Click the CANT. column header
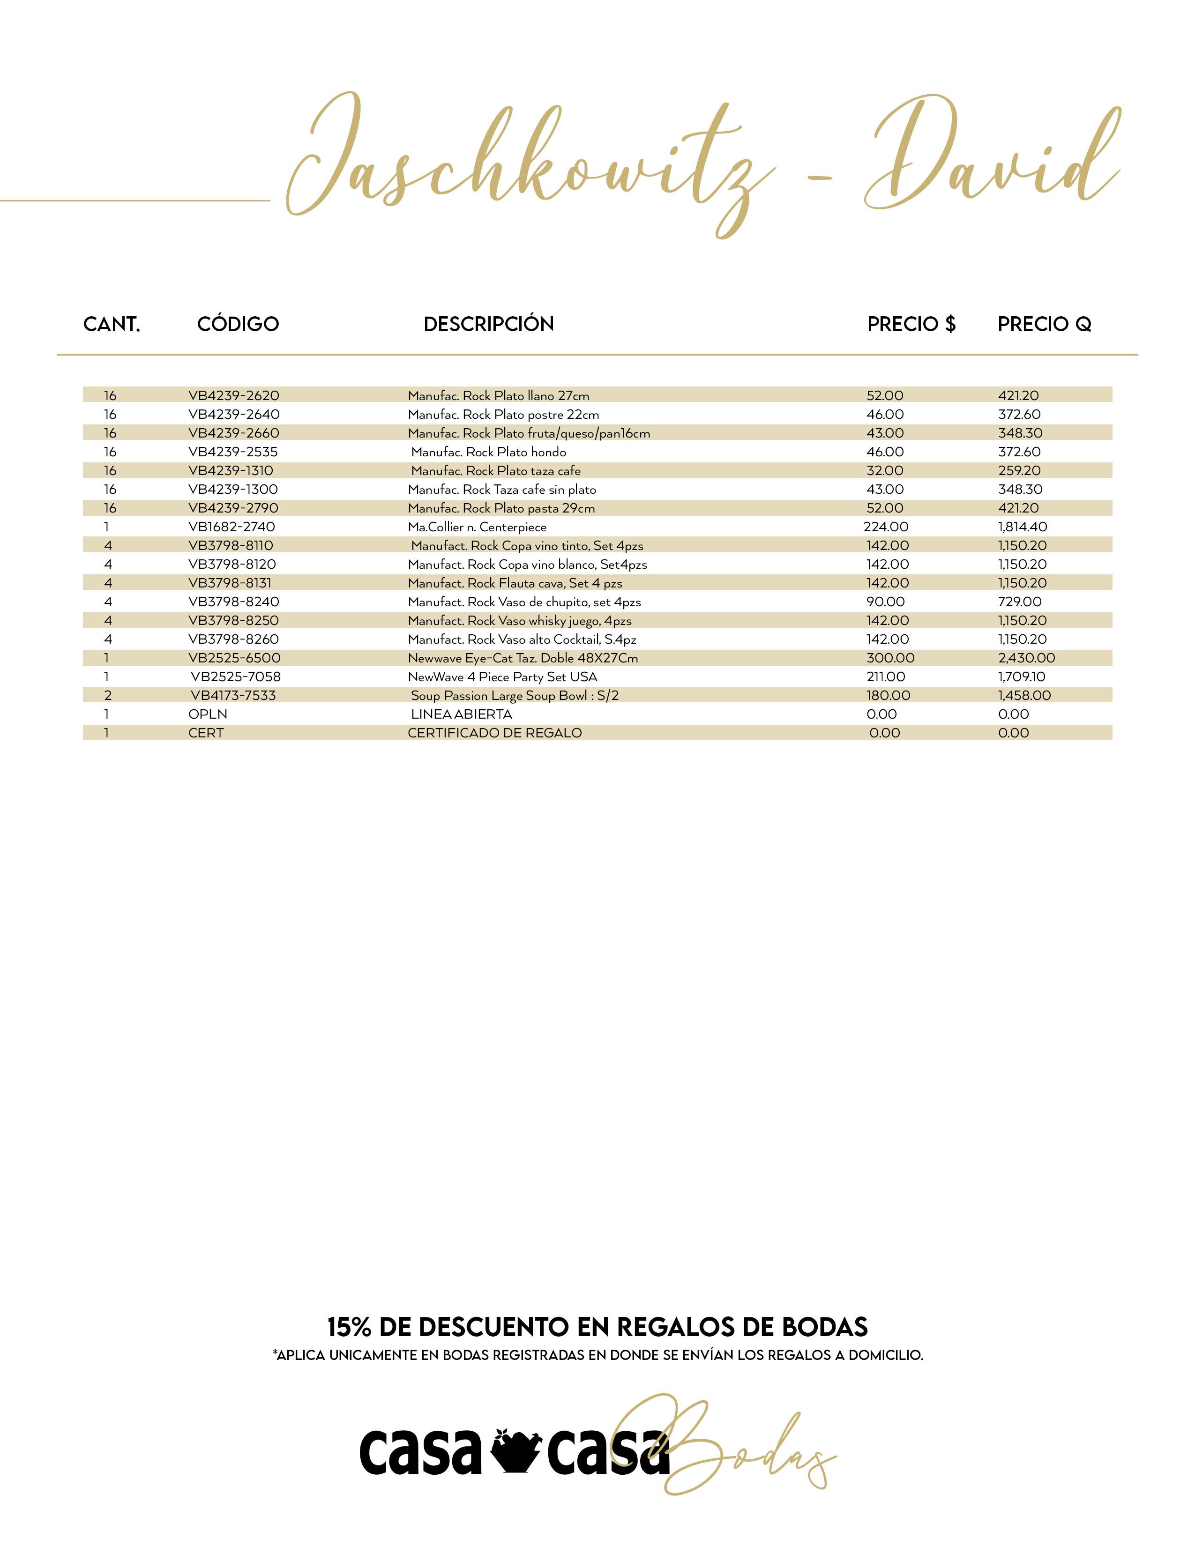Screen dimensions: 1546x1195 click(112, 324)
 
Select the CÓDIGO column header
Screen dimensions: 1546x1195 click(238, 324)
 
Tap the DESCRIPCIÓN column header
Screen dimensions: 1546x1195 click(488, 324)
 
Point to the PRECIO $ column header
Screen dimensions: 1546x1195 click(911, 324)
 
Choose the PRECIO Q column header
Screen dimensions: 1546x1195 click(1044, 324)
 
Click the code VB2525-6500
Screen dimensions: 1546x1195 click(234, 658)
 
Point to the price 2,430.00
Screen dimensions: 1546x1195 click(1026, 658)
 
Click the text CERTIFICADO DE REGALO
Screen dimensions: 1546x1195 click(495, 733)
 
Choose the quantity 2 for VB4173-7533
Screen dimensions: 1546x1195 click(108, 696)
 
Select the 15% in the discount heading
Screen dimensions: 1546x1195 click(349, 1327)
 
